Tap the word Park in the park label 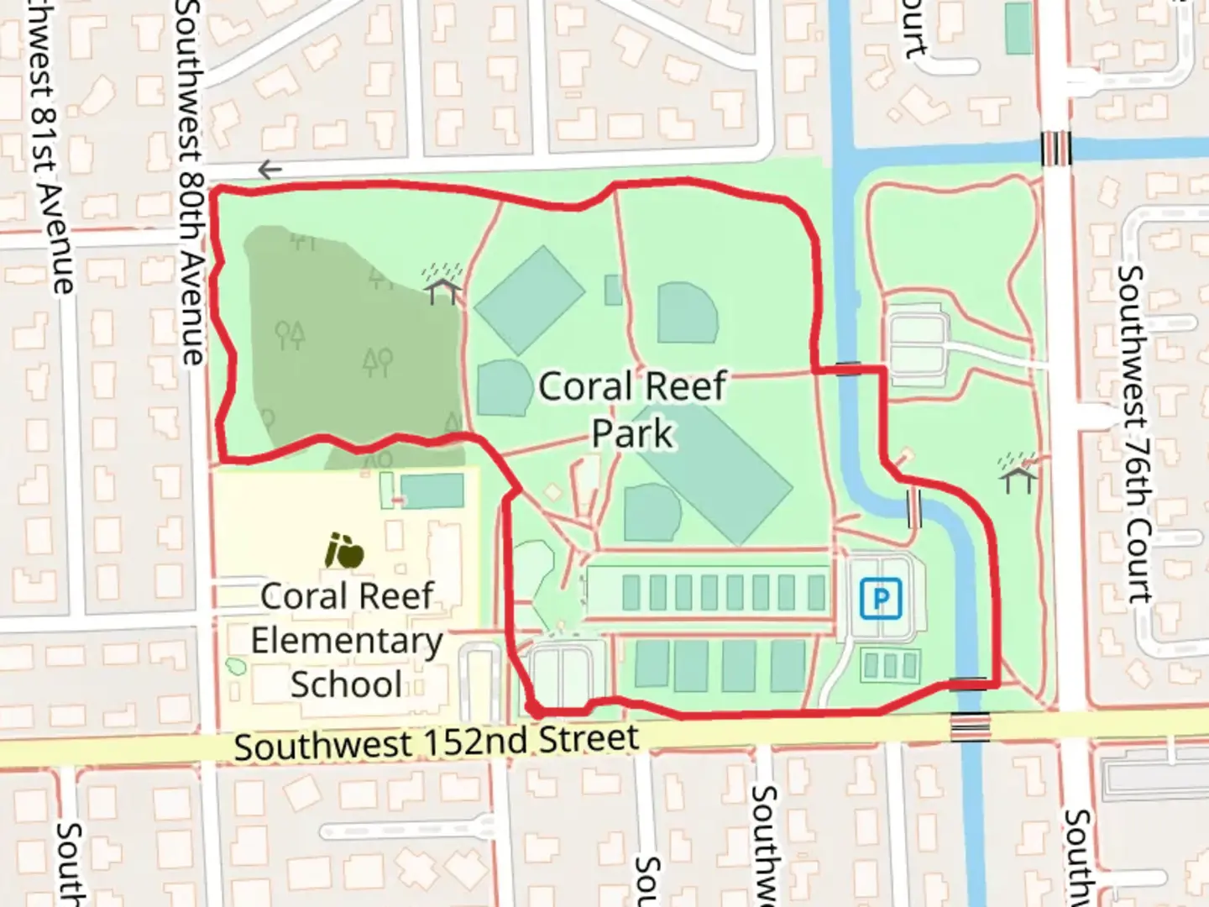coord(632,434)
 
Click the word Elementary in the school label coord(346,641)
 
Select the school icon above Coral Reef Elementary coord(344,550)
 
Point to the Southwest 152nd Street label coord(437,742)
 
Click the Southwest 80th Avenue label coord(191,181)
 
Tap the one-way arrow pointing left coord(269,170)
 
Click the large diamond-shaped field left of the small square coord(529,299)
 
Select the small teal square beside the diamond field coord(614,290)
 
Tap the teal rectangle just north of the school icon coord(432,490)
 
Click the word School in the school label coord(346,684)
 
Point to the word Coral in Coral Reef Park coord(584,387)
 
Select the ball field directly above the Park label coord(688,312)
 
